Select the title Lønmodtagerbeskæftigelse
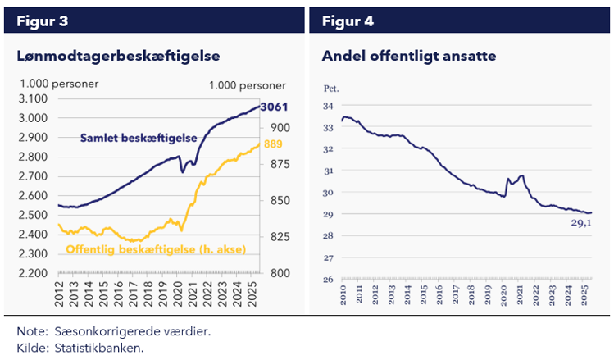pyautogui.click(x=120, y=56)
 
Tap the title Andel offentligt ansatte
pyautogui.click(x=408, y=56)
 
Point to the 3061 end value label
pyautogui.click(x=273, y=107)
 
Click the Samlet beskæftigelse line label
pyautogui.click(x=138, y=138)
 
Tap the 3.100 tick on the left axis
pyautogui.click(x=33, y=98)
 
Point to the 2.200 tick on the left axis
pyautogui.click(x=33, y=273)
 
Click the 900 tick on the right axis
pyautogui.click(x=280, y=127)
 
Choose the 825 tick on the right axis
pyautogui.click(x=280, y=237)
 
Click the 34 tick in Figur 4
pyautogui.click(x=327, y=106)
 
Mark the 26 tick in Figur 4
pyautogui.click(x=327, y=280)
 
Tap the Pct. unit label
pyautogui.click(x=330, y=86)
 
